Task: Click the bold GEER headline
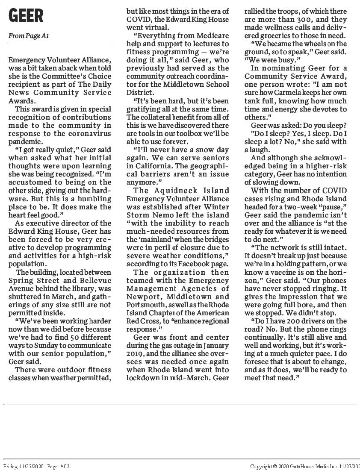26,16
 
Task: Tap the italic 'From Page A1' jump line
28,36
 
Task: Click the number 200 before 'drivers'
298,321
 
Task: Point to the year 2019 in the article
135,353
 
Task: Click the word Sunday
44,345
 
